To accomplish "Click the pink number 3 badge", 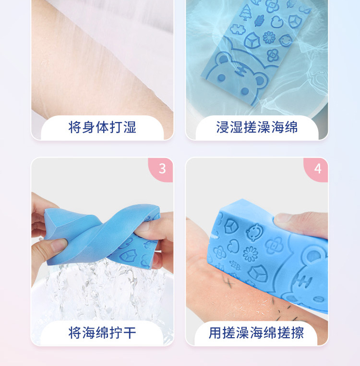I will point(162,169).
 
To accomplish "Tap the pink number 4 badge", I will point(317,169).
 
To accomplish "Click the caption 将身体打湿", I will point(102,128).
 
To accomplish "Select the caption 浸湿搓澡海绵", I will point(257,128).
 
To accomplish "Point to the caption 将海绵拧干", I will point(102,332).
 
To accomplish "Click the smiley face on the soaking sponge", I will point(285,40).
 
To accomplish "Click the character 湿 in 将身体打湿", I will point(130,128).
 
